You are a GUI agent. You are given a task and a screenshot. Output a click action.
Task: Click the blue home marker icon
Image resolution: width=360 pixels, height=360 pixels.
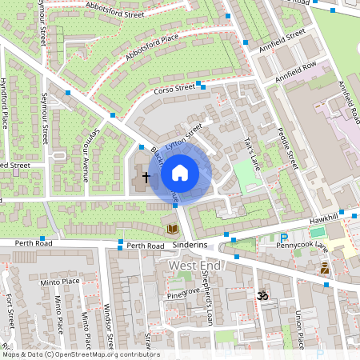(x=180, y=172)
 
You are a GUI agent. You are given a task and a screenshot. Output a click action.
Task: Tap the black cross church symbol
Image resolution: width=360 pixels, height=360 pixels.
(x=146, y=175)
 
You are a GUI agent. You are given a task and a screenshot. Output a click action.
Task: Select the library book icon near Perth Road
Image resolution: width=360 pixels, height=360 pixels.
(x=172, y=229)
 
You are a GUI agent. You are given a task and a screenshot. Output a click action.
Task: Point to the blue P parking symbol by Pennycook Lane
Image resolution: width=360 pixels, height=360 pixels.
(x=284, y=237)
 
